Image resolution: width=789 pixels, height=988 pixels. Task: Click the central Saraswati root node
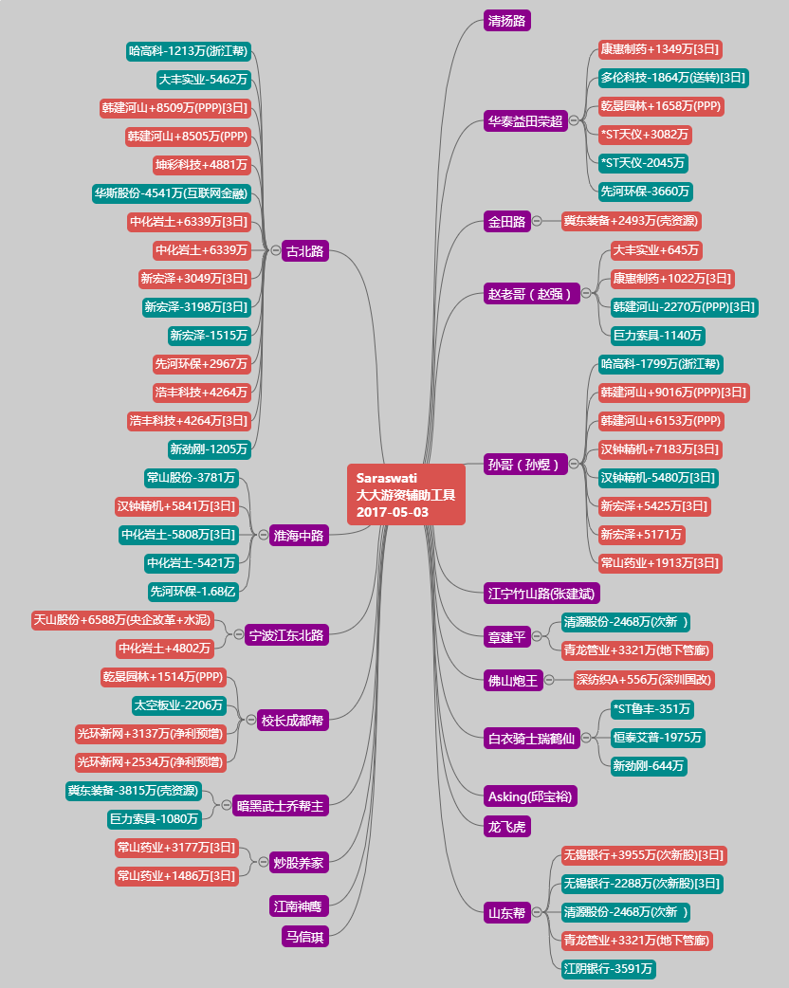click(x=406, y=495)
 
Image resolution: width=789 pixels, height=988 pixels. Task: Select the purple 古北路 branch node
click(x=305, y=250)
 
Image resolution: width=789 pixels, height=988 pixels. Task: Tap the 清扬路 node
click(x=506, y=21)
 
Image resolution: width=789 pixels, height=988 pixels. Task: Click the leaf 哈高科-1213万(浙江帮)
click(x=189, y=51)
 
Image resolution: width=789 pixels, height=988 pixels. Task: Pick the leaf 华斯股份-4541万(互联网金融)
click(x=172, y=193)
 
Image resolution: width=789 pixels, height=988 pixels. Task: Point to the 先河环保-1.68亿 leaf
click(x=193, y=592)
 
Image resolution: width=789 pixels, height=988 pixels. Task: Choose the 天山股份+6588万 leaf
click(x=122, y=620)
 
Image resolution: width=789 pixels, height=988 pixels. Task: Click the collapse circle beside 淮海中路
click(x=264, y=535)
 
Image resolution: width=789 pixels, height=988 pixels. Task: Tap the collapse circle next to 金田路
click(x=537, y=221)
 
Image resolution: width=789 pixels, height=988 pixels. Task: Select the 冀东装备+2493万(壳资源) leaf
click(x=631, y=221)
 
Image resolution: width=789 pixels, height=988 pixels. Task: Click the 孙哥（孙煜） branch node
click(x=525, y=465)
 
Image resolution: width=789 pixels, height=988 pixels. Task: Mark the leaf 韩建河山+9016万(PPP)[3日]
click(x=673, y=393)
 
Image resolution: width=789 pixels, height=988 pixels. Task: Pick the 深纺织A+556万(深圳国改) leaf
click(x=643, y=680)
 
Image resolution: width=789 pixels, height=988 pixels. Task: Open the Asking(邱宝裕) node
click(x=530, y=796)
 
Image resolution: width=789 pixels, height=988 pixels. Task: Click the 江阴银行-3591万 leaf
click(x=608, y=969)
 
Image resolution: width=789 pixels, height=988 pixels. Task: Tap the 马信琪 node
click(x=305, y=937)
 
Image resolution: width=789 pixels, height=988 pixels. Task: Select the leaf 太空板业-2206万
click(x=179, y=705)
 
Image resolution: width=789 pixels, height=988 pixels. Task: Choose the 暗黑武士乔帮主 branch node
click(x=281, y=806)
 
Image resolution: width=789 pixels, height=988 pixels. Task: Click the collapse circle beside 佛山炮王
click(x=549, y=680)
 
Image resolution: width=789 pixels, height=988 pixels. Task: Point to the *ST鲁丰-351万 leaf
click(x=652, y=709)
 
